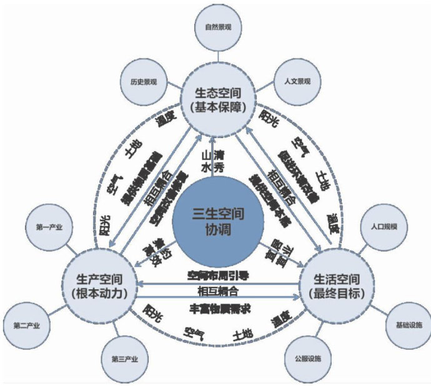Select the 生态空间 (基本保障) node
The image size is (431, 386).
coord(215,100)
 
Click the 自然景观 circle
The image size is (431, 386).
coord(215,28)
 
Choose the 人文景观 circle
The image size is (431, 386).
coord(297,81)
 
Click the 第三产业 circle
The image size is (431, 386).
coord(124,360)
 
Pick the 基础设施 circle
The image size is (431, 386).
coord(409,325)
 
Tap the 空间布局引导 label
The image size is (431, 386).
coord(215,274)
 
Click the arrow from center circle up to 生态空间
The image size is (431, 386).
coord(215,150)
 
